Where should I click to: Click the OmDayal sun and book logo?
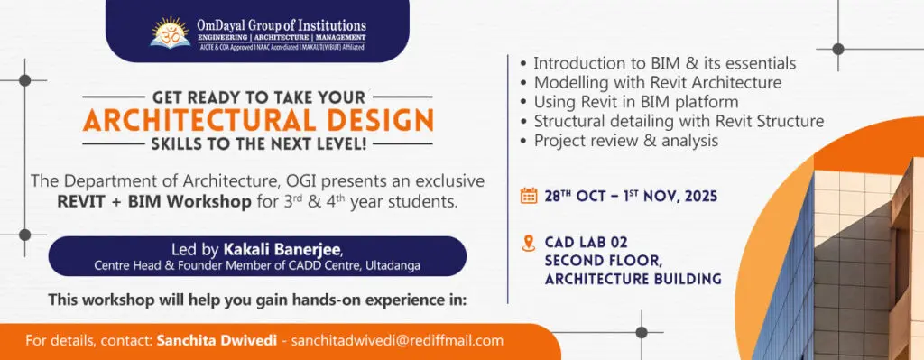(171, 32)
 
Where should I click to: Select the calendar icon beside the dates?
(529, 196)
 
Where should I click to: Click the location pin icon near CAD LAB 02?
(529, 243)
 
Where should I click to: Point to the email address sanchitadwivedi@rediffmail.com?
(397, 340)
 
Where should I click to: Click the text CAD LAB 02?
(587, 242)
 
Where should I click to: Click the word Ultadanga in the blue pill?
(393, 266)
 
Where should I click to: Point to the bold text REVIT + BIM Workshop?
(154, 202)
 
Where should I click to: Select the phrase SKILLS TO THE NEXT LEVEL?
(259, 143)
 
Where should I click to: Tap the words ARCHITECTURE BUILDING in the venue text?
(633, 279)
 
